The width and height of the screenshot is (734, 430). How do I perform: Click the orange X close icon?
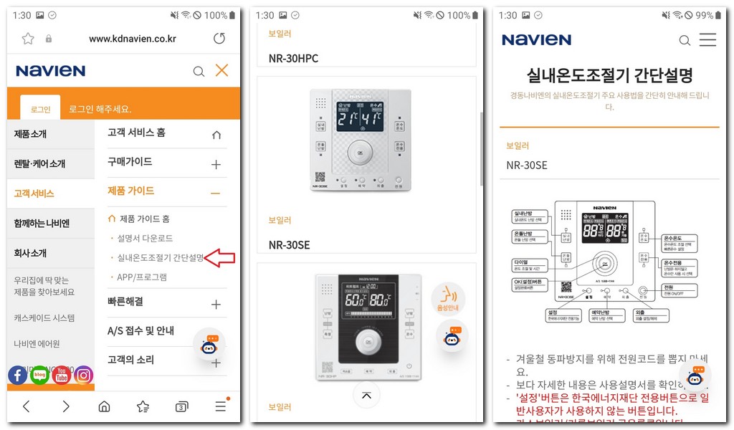tap(221, 70)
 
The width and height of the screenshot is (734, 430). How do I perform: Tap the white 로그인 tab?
tap(40, 109)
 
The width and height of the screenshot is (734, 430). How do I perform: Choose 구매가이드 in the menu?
tap(130, 162)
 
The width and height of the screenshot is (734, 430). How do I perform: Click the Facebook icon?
tap(18, 375)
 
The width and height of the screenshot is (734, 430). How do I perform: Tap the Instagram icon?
tap(84, 375)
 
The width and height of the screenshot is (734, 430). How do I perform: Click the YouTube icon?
tap(62, 375)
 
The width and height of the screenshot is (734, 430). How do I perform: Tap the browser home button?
tap(104, 406)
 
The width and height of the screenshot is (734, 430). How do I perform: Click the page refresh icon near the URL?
tap(219, 39)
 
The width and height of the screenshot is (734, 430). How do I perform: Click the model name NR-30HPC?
tap(293, 58)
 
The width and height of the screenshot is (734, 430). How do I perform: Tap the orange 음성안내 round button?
tap(448, 297)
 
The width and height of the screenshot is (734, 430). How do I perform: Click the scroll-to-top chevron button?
tap(366, 394)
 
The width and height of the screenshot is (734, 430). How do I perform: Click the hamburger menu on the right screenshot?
tap(707, 39)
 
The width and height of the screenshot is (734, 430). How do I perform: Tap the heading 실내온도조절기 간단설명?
tap(609, 75)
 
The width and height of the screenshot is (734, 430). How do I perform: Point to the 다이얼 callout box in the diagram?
tap(530, 266)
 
